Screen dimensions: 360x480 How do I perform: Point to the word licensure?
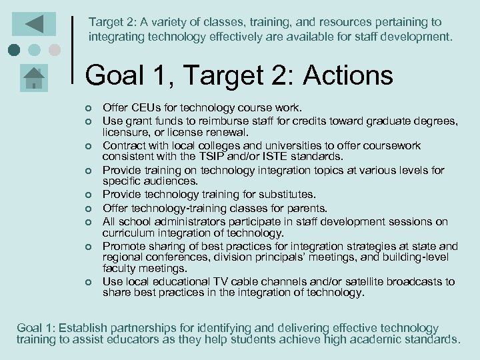pos(126,132)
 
